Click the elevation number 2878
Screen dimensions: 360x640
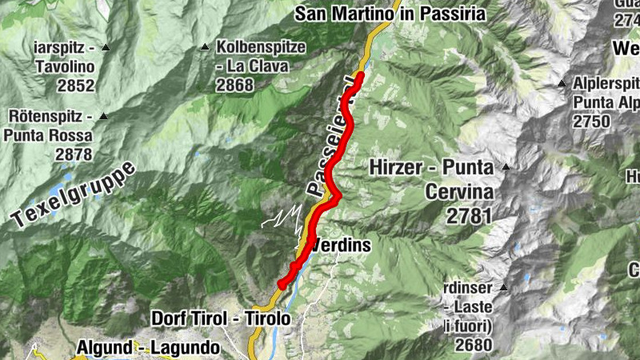[x=74, y=154]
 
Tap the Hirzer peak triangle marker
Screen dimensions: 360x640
[x=506, y=167]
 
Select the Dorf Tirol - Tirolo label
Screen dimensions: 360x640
[x=221, y=318]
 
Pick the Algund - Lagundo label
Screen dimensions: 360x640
[x=147, y=348]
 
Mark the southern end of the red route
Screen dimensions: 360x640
[x=282, y=284]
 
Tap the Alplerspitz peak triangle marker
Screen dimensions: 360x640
[x=562, y=83]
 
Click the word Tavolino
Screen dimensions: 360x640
[x=65, y=66]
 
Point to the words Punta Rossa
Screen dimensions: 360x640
[x=51, y=135]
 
